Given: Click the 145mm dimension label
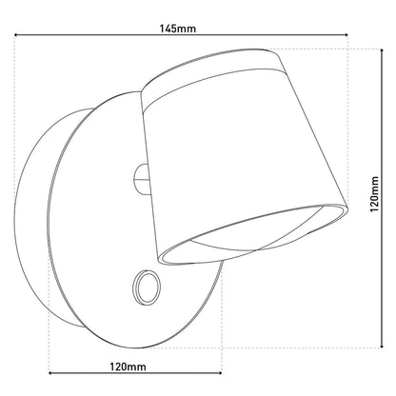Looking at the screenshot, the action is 178,29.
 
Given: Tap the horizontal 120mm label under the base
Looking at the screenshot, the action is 129,366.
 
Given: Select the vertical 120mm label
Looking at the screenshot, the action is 375,194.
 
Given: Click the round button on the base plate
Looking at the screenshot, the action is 147,287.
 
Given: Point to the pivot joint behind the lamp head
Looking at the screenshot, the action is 141,180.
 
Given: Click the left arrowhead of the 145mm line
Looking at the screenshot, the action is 16,34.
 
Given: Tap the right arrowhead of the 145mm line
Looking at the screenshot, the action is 346,34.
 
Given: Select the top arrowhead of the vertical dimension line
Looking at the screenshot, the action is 382,51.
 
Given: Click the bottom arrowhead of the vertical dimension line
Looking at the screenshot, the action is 382,346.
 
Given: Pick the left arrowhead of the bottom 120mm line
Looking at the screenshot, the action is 50,373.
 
